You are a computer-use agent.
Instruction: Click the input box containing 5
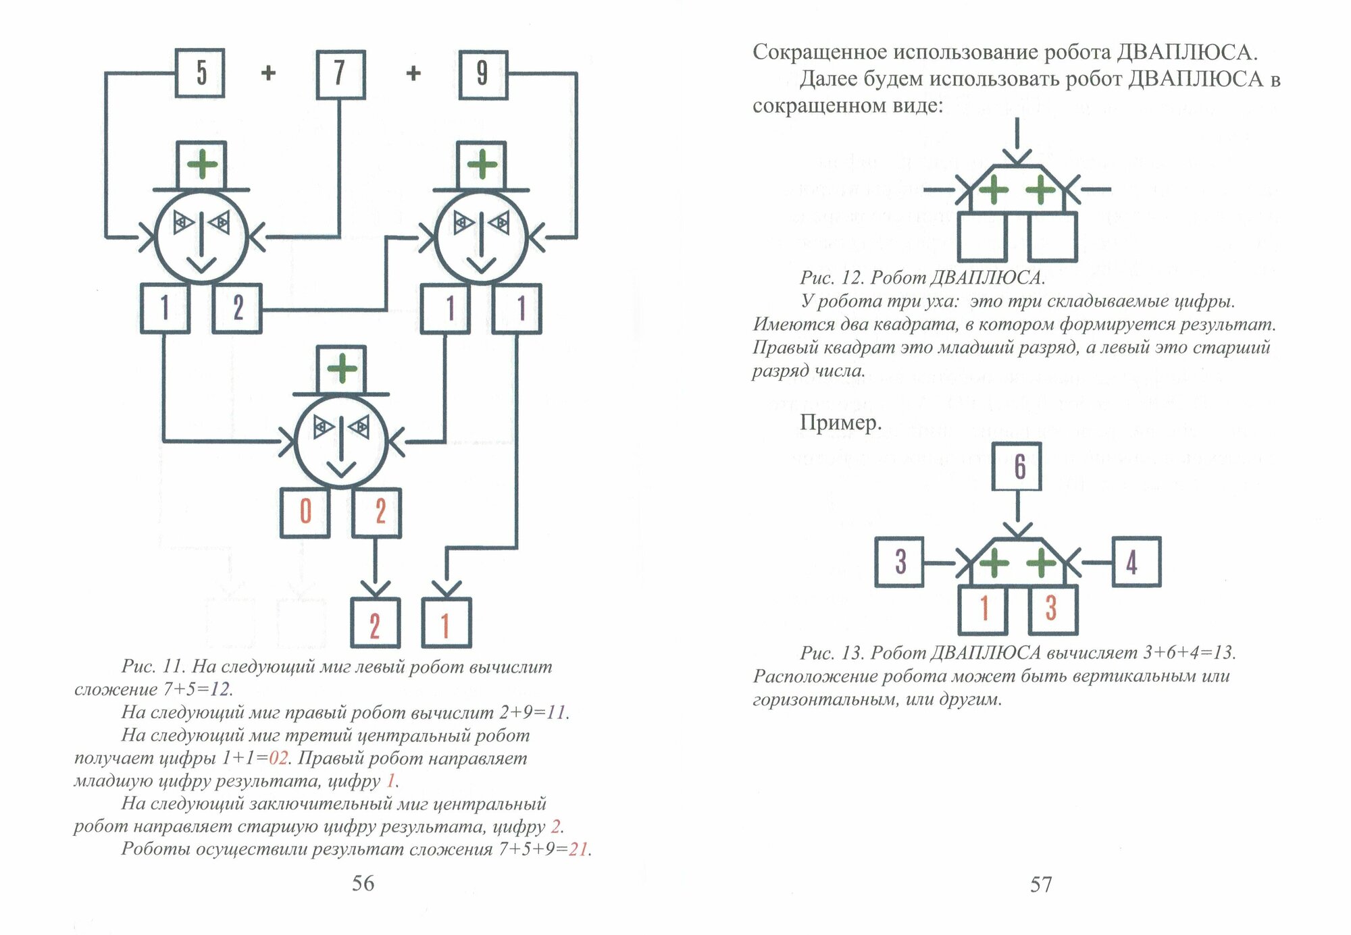pyautogui.click(x=200, y=74)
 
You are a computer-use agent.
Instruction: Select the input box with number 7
pyautogui.click(x=340, y=74)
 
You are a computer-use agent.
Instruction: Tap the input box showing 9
pyautogui.click(x=482, y=74)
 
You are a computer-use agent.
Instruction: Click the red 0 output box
pyautogui.click(x=305, y=512)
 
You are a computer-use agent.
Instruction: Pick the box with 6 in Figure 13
pyautogui.click(x=1017, y=466)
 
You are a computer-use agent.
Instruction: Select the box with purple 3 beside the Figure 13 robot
pyautogui.click(x=899, y=562)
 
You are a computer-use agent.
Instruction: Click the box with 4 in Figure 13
pyautogui.click(x=1136, y=562)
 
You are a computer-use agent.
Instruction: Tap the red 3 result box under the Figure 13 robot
pyautogui.click(x=1052, y=609)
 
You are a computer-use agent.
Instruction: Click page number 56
pyautogui.click(x=363, y=883)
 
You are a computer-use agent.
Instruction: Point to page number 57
pyautogui.click(x=1041, y=884)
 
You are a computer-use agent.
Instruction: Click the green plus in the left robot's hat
pyautogui.click(x=201, y=165)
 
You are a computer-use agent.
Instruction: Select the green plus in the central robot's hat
pyautogui.click(x=342, y=369)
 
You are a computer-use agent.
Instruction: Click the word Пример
pyautogui.click(x=840, y=423)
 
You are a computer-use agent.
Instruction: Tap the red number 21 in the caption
pyautogui.click(x=578, y=849)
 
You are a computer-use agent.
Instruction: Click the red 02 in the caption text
pyautogui.click(x=278, y=758)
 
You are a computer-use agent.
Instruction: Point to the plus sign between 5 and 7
pyautogui.click(x=268, y=73)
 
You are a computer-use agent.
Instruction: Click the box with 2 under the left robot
pyautogui.click(x=237, y=309)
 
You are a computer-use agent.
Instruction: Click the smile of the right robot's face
pyautogui.click(x=481, y=264)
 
